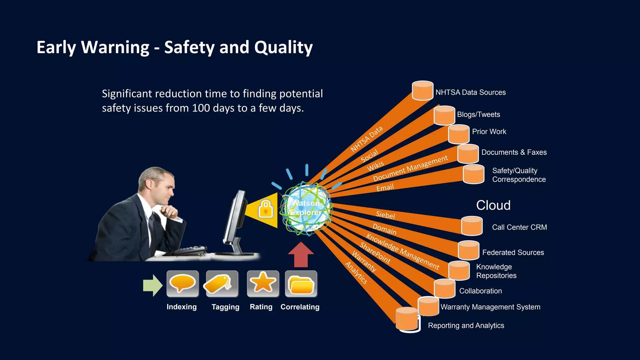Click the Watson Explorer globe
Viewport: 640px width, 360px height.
click(306, 208)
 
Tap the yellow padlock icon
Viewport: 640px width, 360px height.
click(266, 209)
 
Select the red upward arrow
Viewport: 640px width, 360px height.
click(301, 255)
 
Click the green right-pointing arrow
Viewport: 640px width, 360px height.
click(152, 285)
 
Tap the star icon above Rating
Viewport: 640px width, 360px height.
click(263, 283)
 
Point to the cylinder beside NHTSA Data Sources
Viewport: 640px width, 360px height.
click(422, 91)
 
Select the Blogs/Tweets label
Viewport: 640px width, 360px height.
click(478, 115)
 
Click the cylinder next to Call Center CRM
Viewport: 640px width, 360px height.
click(472, 226)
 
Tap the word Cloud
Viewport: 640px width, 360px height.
click(493, 205)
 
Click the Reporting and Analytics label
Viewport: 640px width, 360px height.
click(466, 326)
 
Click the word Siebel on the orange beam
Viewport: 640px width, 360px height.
click(385, 215)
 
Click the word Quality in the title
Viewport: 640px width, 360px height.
click(283, 47)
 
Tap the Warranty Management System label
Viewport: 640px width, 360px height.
click(490, 307)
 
